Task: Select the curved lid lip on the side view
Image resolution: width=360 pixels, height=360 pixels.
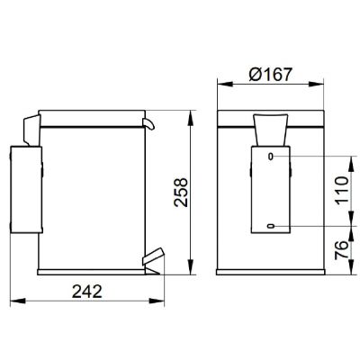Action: pyautogui.click(x=148, y=121)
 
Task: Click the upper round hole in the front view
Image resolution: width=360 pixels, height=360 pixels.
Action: pyautogui.click(x=273, y=158)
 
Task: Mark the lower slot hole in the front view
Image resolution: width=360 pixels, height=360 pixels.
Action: pyautogui.click(x=273, y=225)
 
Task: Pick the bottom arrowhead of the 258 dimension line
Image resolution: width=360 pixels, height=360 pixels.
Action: pyautogui.click(x=191, y=269)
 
